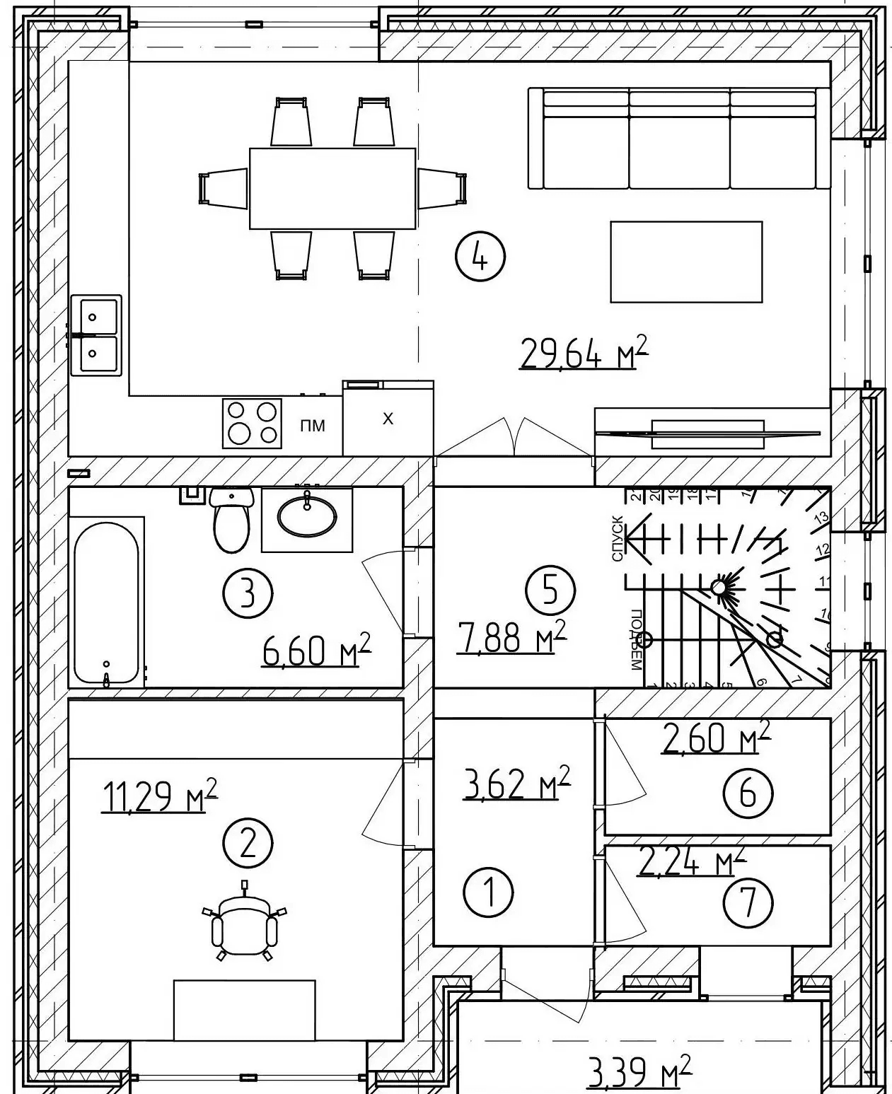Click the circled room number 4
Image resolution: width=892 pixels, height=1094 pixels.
[x=480, y=257]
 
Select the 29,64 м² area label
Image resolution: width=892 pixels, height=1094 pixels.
[x=583, y=353]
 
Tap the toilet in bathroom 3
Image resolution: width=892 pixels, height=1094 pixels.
[x=231, y=522]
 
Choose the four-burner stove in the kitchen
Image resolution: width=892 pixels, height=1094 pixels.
[x=252, y=423]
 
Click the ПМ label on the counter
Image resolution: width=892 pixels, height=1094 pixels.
[x=312, y=426]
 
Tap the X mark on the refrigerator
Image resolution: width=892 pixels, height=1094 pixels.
[x=388, y=419]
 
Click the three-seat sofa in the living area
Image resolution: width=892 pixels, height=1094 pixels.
[x=678, y=139]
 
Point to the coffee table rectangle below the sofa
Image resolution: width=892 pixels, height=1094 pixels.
[x=685, y=262]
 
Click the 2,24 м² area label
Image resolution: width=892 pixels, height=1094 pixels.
[x=692, y=862]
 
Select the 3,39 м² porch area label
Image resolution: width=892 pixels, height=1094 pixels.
[x=638, y=1075]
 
